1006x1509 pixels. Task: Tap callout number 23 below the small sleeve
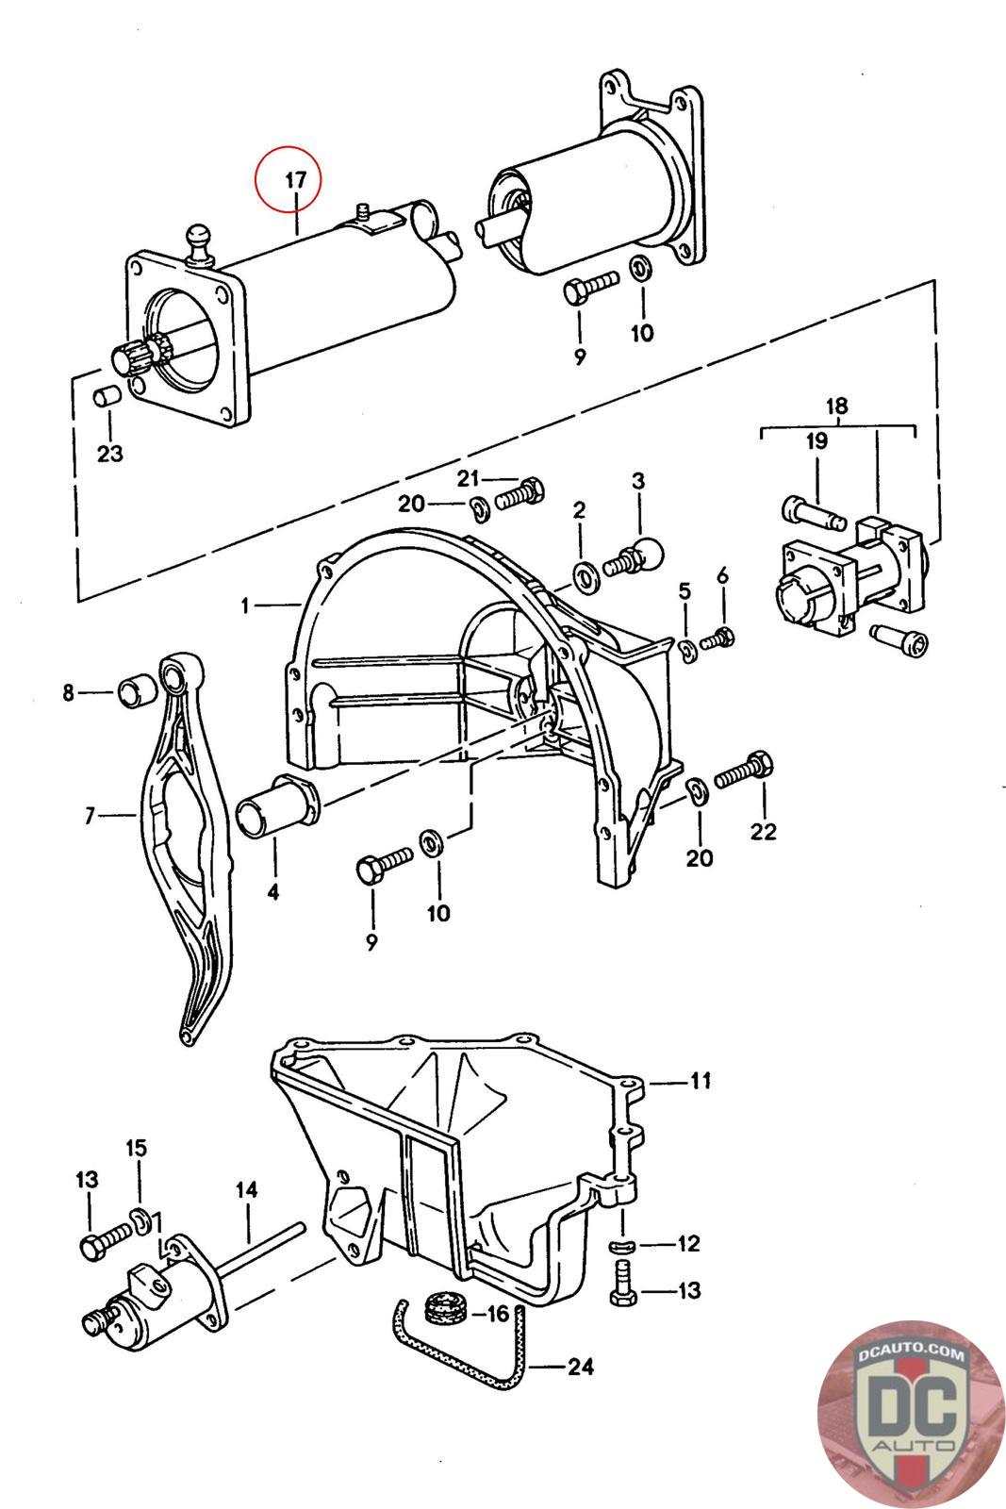pos(110,454)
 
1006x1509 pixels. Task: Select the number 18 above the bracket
pos(836,406)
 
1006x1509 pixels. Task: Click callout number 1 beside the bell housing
pos(246,605)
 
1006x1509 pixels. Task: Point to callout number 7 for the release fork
pos(91,816)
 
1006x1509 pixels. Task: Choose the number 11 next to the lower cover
pos(700,1080)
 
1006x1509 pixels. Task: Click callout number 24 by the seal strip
pos(582,1366)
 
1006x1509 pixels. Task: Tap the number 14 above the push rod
pos(246,1191)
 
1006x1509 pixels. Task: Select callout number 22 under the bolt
pos(763,831)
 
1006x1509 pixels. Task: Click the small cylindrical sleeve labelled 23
pos(107,396)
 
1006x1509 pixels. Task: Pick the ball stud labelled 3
pos(631,555)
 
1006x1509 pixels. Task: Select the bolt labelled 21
pos(517,491)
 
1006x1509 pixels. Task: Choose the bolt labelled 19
pos(809,512)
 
